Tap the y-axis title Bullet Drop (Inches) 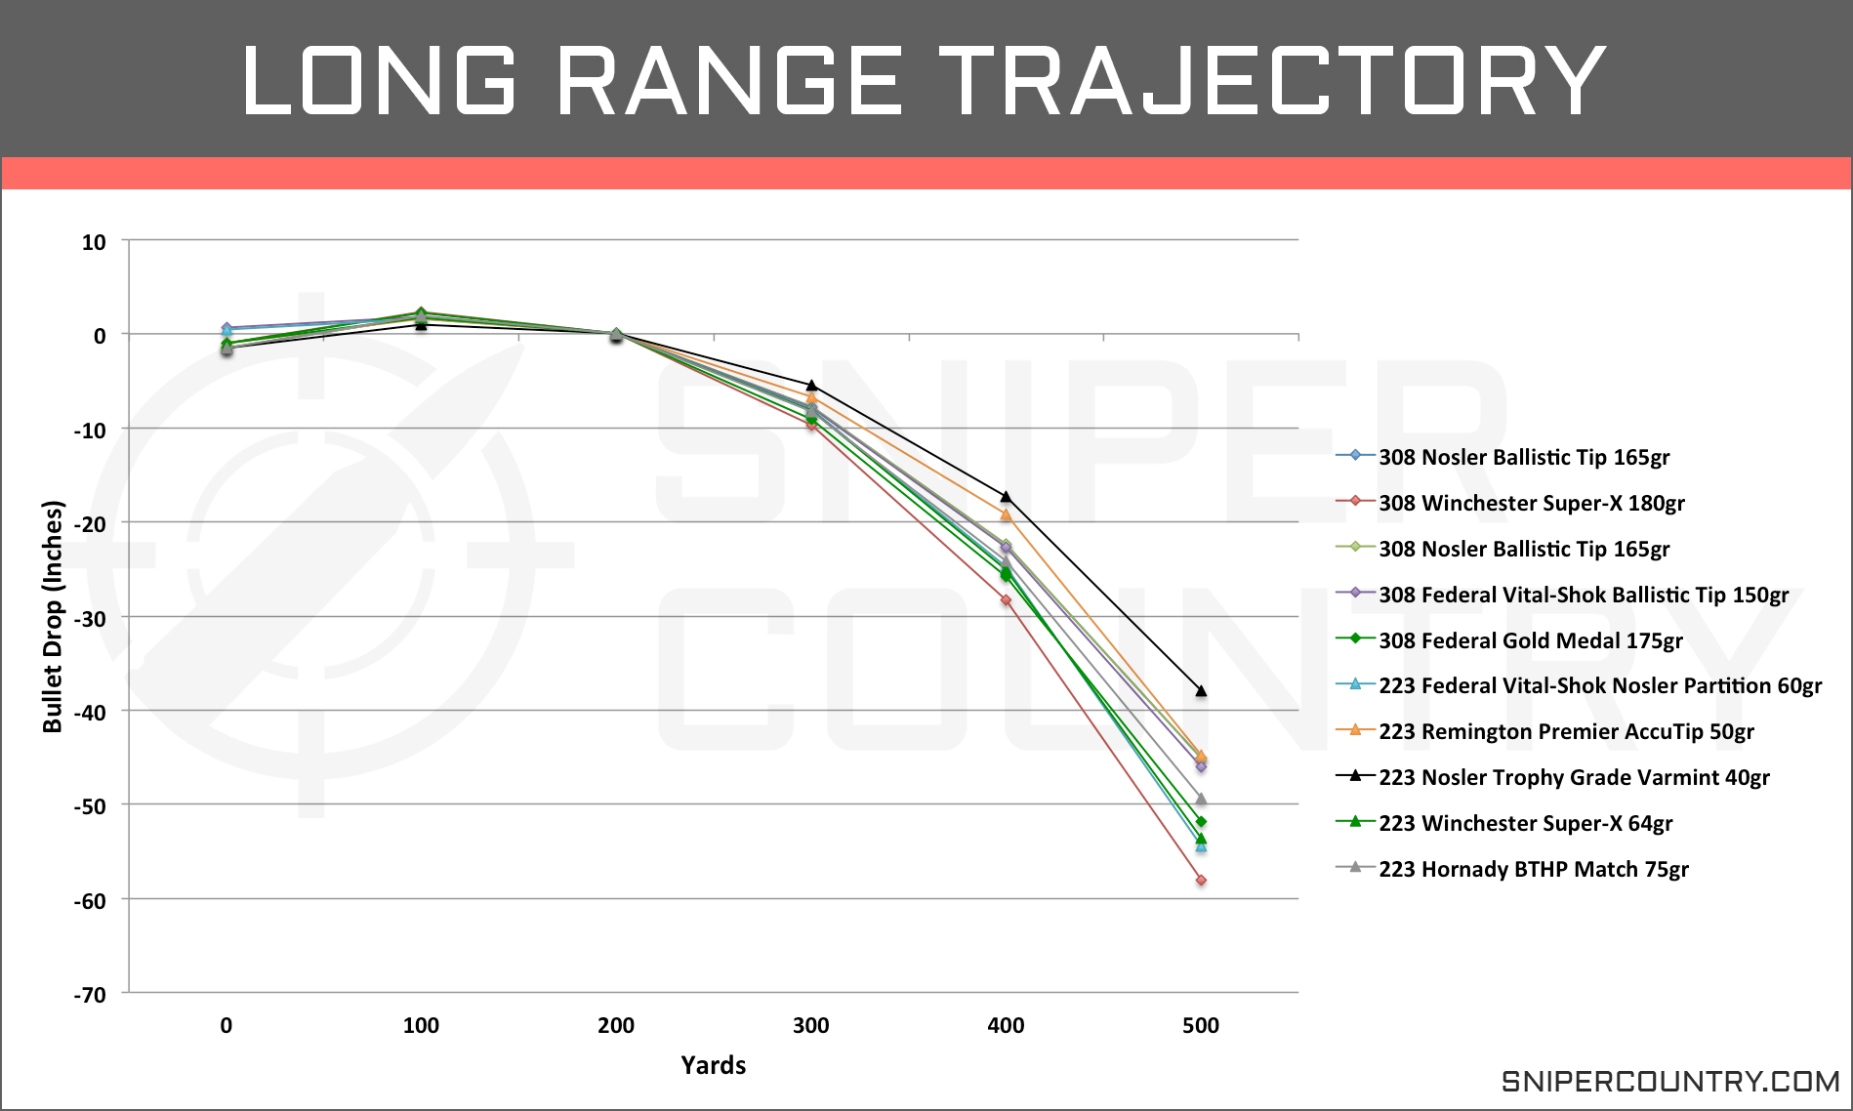click(x=53, y=616)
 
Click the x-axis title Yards click(x=713, y=1065)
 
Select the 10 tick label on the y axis click(x=94, y=242)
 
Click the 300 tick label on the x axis click(x=810, y=1026)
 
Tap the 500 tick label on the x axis click(x=1200, y=1026)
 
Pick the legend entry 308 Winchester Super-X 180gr click(x=1531, y=503)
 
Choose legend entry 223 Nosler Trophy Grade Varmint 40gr click(x=1574, y=777)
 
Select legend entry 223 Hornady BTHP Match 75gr click(x=1533, y=869)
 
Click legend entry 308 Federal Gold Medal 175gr click(x=1530, y=640)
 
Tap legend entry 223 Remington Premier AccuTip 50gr click(x=1566, y=731)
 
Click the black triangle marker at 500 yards click(x=1201, y=691)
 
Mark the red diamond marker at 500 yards click(x=1201, y=881)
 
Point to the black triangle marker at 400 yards click(x=1006, y=497)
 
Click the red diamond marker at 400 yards click(x=1006, y=600)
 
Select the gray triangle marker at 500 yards click(x=1201, y=800)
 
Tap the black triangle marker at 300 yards click(x=811, y=386)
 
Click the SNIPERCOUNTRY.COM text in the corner click(x=1669, y=1082)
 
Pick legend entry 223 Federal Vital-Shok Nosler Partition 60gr click(x=1599, y=685)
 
